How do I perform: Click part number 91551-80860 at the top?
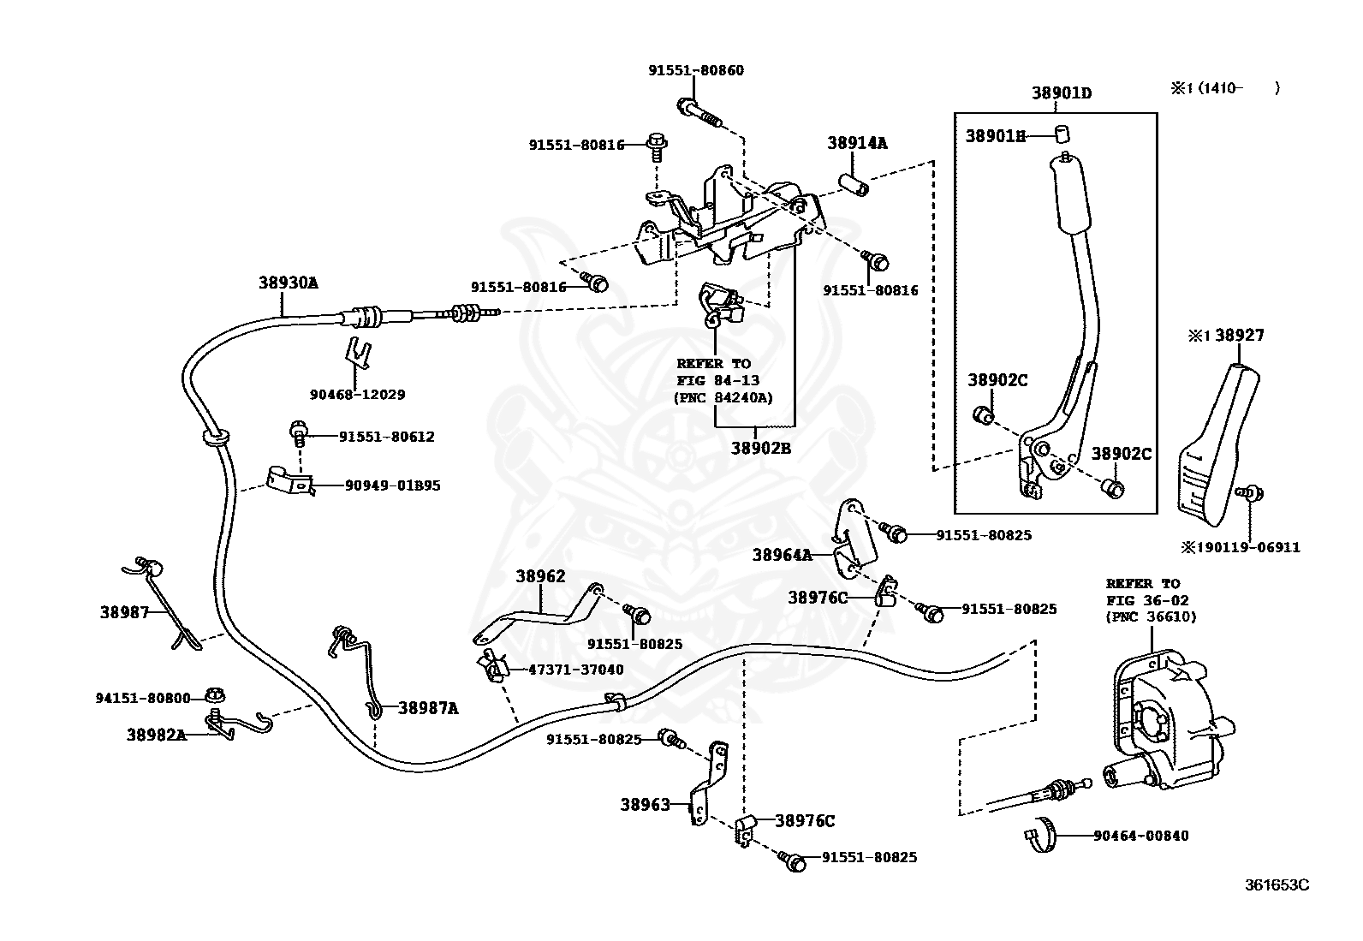(x=695, y=70)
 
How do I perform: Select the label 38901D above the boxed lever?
(x=1062, y=93)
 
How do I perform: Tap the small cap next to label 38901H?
(x=1062, y=134)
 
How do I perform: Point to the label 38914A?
(x=857, y=143)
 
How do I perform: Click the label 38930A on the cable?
(x=288, y=282)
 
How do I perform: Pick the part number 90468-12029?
(x=357, y=395)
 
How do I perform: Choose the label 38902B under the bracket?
(x=761, y=446)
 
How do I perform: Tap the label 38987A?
(x=427, y=708)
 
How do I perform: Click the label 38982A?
(x=157, y=734)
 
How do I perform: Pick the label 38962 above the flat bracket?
(x=540, y=576)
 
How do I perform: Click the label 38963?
(x=646, y=804)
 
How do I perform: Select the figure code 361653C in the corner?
(x=1277, y=884)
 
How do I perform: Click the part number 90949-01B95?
(x=393, y=485)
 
